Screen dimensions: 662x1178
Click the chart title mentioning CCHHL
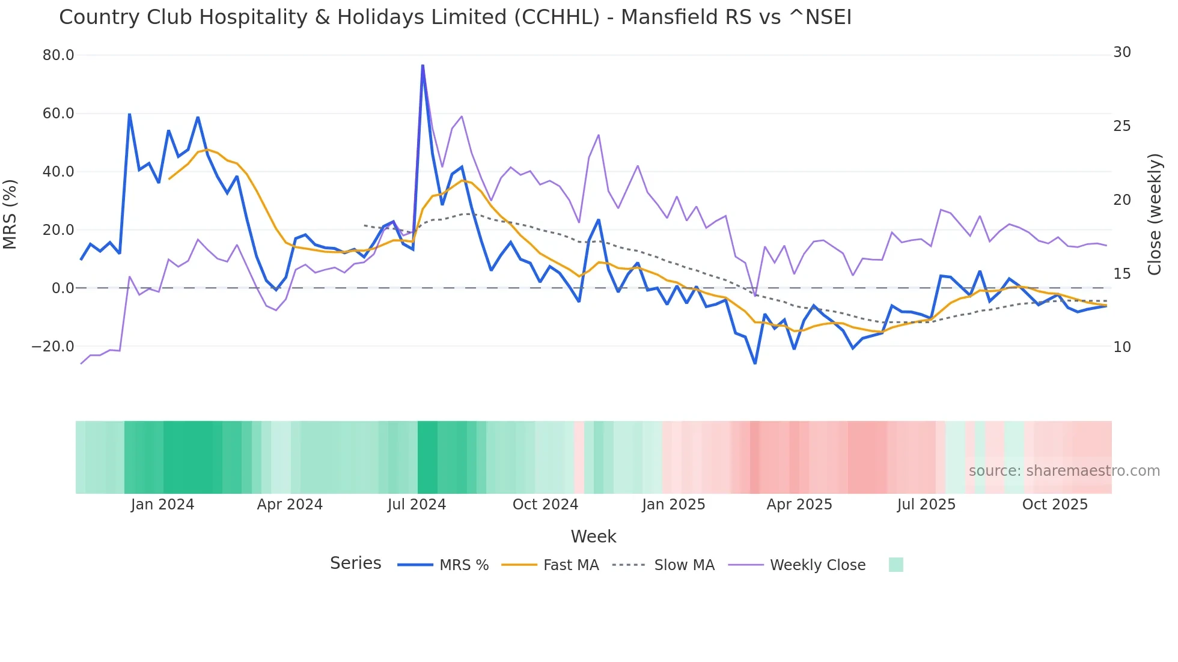point(455,17)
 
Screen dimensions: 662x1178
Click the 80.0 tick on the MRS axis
point(58,55)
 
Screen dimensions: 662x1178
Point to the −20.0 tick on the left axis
point(53,347)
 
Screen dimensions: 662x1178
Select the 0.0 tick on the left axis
point(63,288)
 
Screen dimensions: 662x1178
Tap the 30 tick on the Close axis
point(1122,52)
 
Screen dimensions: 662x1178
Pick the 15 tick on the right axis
point(1122,274)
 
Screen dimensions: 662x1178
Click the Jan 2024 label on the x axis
point(162,505)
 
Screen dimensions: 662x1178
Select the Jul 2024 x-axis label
point(417,505)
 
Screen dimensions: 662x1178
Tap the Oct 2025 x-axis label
point(1055,505)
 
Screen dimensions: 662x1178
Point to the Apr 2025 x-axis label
point(799,505)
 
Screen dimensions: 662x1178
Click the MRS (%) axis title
point(10,214)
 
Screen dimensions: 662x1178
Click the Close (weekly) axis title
point(1155,214)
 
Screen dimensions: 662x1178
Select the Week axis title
point(593,536)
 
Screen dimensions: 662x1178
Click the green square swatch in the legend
point(896,565)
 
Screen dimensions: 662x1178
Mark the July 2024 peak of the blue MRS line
point(423,65)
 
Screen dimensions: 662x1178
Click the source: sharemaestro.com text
point(1064,471)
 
